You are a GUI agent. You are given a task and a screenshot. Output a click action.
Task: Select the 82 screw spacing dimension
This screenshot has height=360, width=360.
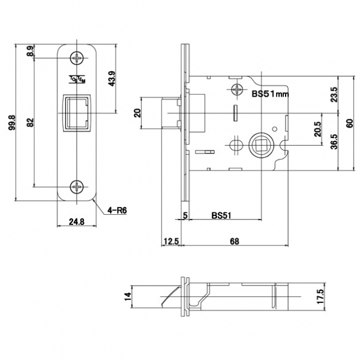[30, 124]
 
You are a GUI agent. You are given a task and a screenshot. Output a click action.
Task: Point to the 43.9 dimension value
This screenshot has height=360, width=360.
[112, 79]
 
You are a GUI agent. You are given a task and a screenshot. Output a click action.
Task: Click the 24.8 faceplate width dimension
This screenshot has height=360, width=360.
[76, 221]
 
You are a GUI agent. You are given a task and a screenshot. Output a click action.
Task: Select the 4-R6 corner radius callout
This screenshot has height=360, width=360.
[118, 210]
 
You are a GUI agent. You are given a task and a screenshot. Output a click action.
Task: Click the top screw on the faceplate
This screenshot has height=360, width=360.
[77, 58]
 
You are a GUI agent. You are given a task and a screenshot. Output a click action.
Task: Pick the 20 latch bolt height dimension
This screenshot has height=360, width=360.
[137, 113]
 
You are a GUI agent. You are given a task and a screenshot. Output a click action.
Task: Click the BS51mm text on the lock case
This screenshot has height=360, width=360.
[270, 93]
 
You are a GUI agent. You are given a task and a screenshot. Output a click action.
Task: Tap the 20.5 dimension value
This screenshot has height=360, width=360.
[317, 130]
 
